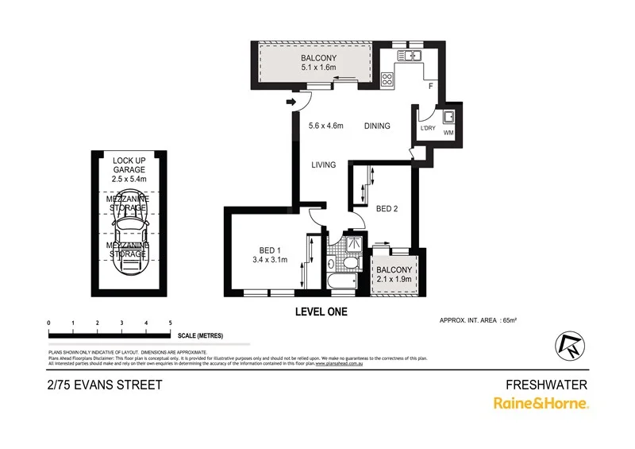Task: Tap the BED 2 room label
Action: coord(387,209)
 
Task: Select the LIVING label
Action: coord(324,165)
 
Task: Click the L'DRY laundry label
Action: coord(427,128)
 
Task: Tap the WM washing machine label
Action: coord(448,134)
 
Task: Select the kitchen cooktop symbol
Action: coord(388,79)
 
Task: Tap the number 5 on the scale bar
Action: coord(170,322)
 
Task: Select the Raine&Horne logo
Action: coord(541,404)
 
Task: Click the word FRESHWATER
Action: coord(546,385)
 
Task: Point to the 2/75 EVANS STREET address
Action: coord(105,385)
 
